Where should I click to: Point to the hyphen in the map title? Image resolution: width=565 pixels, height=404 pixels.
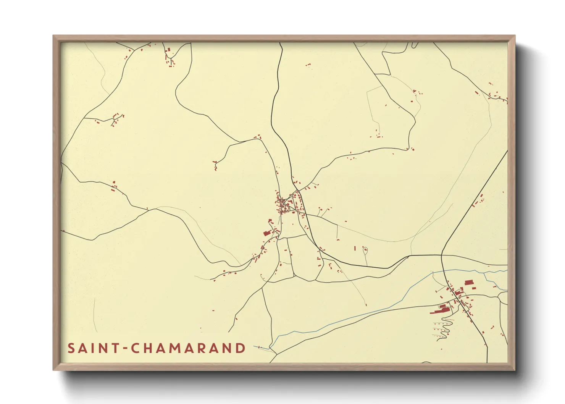point(126,349)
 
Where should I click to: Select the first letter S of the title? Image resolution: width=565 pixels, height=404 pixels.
point(71,348)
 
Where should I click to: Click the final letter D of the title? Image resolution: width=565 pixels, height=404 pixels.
point(241,348)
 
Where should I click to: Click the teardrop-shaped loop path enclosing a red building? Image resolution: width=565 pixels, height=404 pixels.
point(365,250)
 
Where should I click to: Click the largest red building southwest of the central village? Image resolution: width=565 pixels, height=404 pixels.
point(267,233)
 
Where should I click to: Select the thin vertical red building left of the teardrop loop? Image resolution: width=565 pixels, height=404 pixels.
point(355,248)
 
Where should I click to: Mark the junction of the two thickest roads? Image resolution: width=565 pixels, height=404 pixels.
point(441,255)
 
